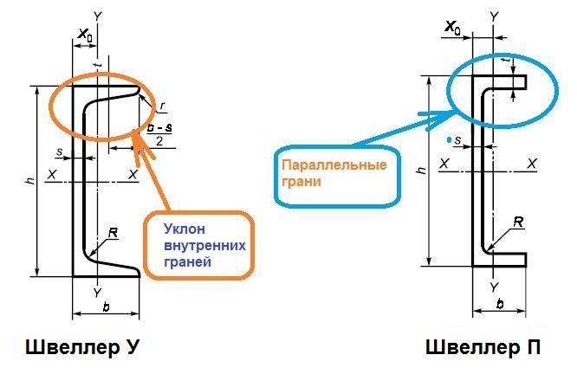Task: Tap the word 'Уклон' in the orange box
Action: (x=185, y=229)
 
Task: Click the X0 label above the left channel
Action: (x=85, y=35)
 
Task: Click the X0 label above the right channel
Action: (x=452, y=29)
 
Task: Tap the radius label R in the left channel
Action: (x=113, y=234)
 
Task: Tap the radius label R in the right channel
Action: (x=517, y=222)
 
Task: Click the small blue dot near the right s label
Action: (x=447, y=139)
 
